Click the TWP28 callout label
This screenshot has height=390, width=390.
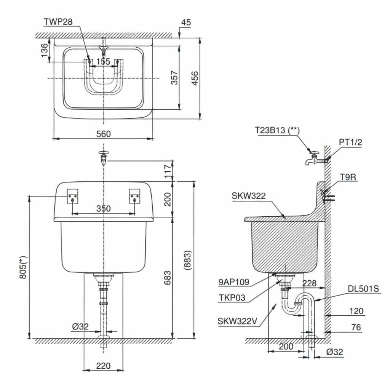[58, 22]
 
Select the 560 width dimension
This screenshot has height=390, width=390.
[103, 134]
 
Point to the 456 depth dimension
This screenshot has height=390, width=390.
[195, 78]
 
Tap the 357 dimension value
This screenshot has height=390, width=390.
[174, 78]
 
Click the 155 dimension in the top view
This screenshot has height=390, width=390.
[103, 61]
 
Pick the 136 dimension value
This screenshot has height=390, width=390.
[45, 51]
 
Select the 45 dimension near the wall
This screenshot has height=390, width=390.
[185, 22]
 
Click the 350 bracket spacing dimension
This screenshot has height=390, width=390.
[103, 208]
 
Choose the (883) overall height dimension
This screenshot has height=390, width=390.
[188, 260]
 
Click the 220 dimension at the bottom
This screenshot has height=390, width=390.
[103, 366]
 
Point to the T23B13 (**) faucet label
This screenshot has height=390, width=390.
[277, 130]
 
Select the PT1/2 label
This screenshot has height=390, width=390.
[350, 142]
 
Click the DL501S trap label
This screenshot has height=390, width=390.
[364, 289]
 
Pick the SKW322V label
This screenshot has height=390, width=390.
[238, 321]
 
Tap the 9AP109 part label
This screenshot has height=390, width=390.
[234, 282]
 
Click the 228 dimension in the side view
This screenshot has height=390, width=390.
[309, 283]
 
